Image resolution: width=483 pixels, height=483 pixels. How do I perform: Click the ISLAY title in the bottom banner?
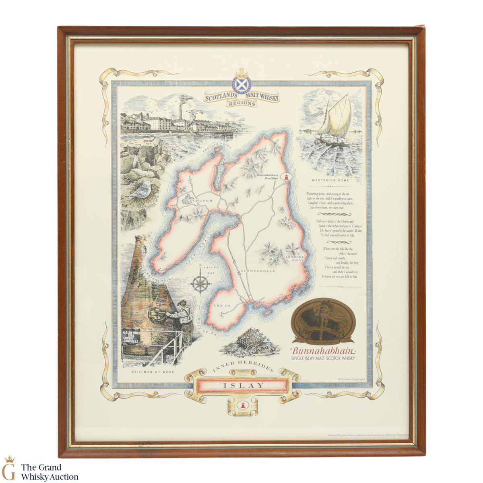(243, 385)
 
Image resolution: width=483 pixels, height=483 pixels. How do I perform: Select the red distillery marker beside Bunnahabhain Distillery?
(287, 177)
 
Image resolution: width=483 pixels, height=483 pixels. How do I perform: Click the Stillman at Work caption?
(153, 372)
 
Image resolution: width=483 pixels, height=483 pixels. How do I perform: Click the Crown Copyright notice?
(351, 379)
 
